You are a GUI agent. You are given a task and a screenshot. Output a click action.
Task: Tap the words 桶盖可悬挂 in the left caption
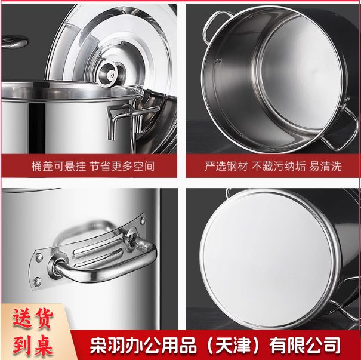(x=58, y=166)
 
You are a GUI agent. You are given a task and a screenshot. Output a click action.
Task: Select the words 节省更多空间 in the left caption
(x=122, y=166)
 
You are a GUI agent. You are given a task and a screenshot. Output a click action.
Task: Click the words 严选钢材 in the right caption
(x=227, y=166)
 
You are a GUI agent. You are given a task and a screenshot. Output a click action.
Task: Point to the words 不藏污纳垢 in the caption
(x=279, y=166)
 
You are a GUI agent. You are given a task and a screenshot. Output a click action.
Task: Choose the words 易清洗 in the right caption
(x=325, y=166)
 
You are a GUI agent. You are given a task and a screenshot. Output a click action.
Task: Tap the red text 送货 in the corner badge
(x=33, y=319)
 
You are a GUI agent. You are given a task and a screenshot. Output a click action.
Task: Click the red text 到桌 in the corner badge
(x=33, y=345)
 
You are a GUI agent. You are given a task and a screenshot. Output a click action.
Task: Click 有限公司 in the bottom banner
(x=304, y=345)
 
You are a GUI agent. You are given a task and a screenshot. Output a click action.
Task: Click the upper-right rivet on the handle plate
(x=143, y=221)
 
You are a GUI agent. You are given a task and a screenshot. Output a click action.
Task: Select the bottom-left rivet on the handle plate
(x=37, y=282)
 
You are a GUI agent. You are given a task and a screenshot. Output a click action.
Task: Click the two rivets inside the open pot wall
(x=218, y=60)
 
